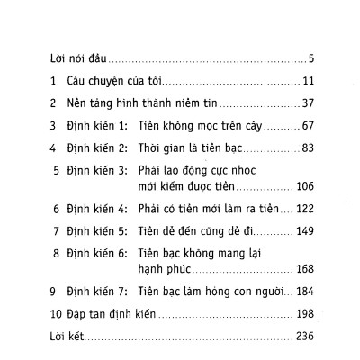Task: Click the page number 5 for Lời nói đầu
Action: pyautogui.click(x=309, y=59)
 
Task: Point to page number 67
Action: pyautogui.click(x=304, y=124)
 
